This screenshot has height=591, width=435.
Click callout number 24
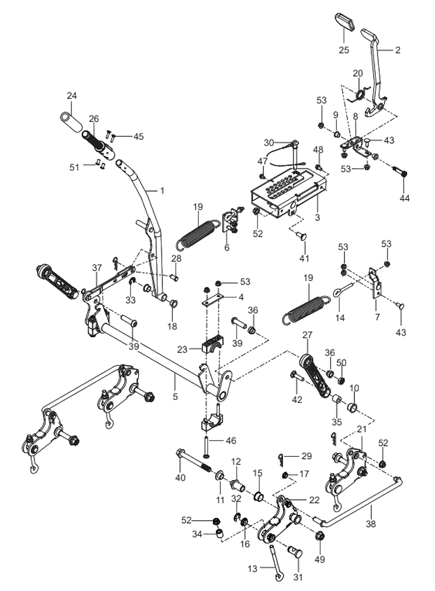click(71, 95)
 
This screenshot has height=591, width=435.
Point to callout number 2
click(397, 50)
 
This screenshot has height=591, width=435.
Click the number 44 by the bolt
click(404, 198)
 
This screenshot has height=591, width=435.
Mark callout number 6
click(227, 247)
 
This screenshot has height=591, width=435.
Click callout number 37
click(97, 268)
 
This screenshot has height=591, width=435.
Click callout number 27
click(307, 335)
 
